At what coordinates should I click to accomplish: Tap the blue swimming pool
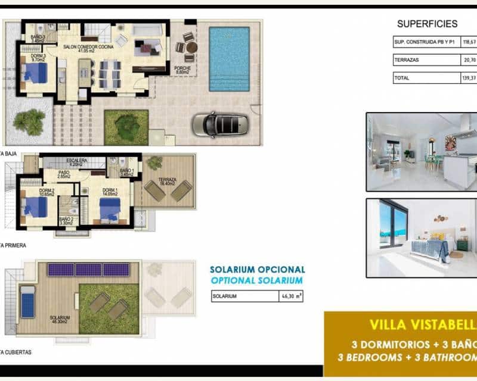coord(230,58)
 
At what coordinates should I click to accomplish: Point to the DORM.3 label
coord(37,55)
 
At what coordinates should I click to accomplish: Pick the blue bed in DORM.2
coord(36,208)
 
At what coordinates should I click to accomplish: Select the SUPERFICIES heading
coord(427,24)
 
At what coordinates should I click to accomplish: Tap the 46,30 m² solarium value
coord(290,295)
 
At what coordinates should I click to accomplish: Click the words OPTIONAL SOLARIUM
coord(257,280)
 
